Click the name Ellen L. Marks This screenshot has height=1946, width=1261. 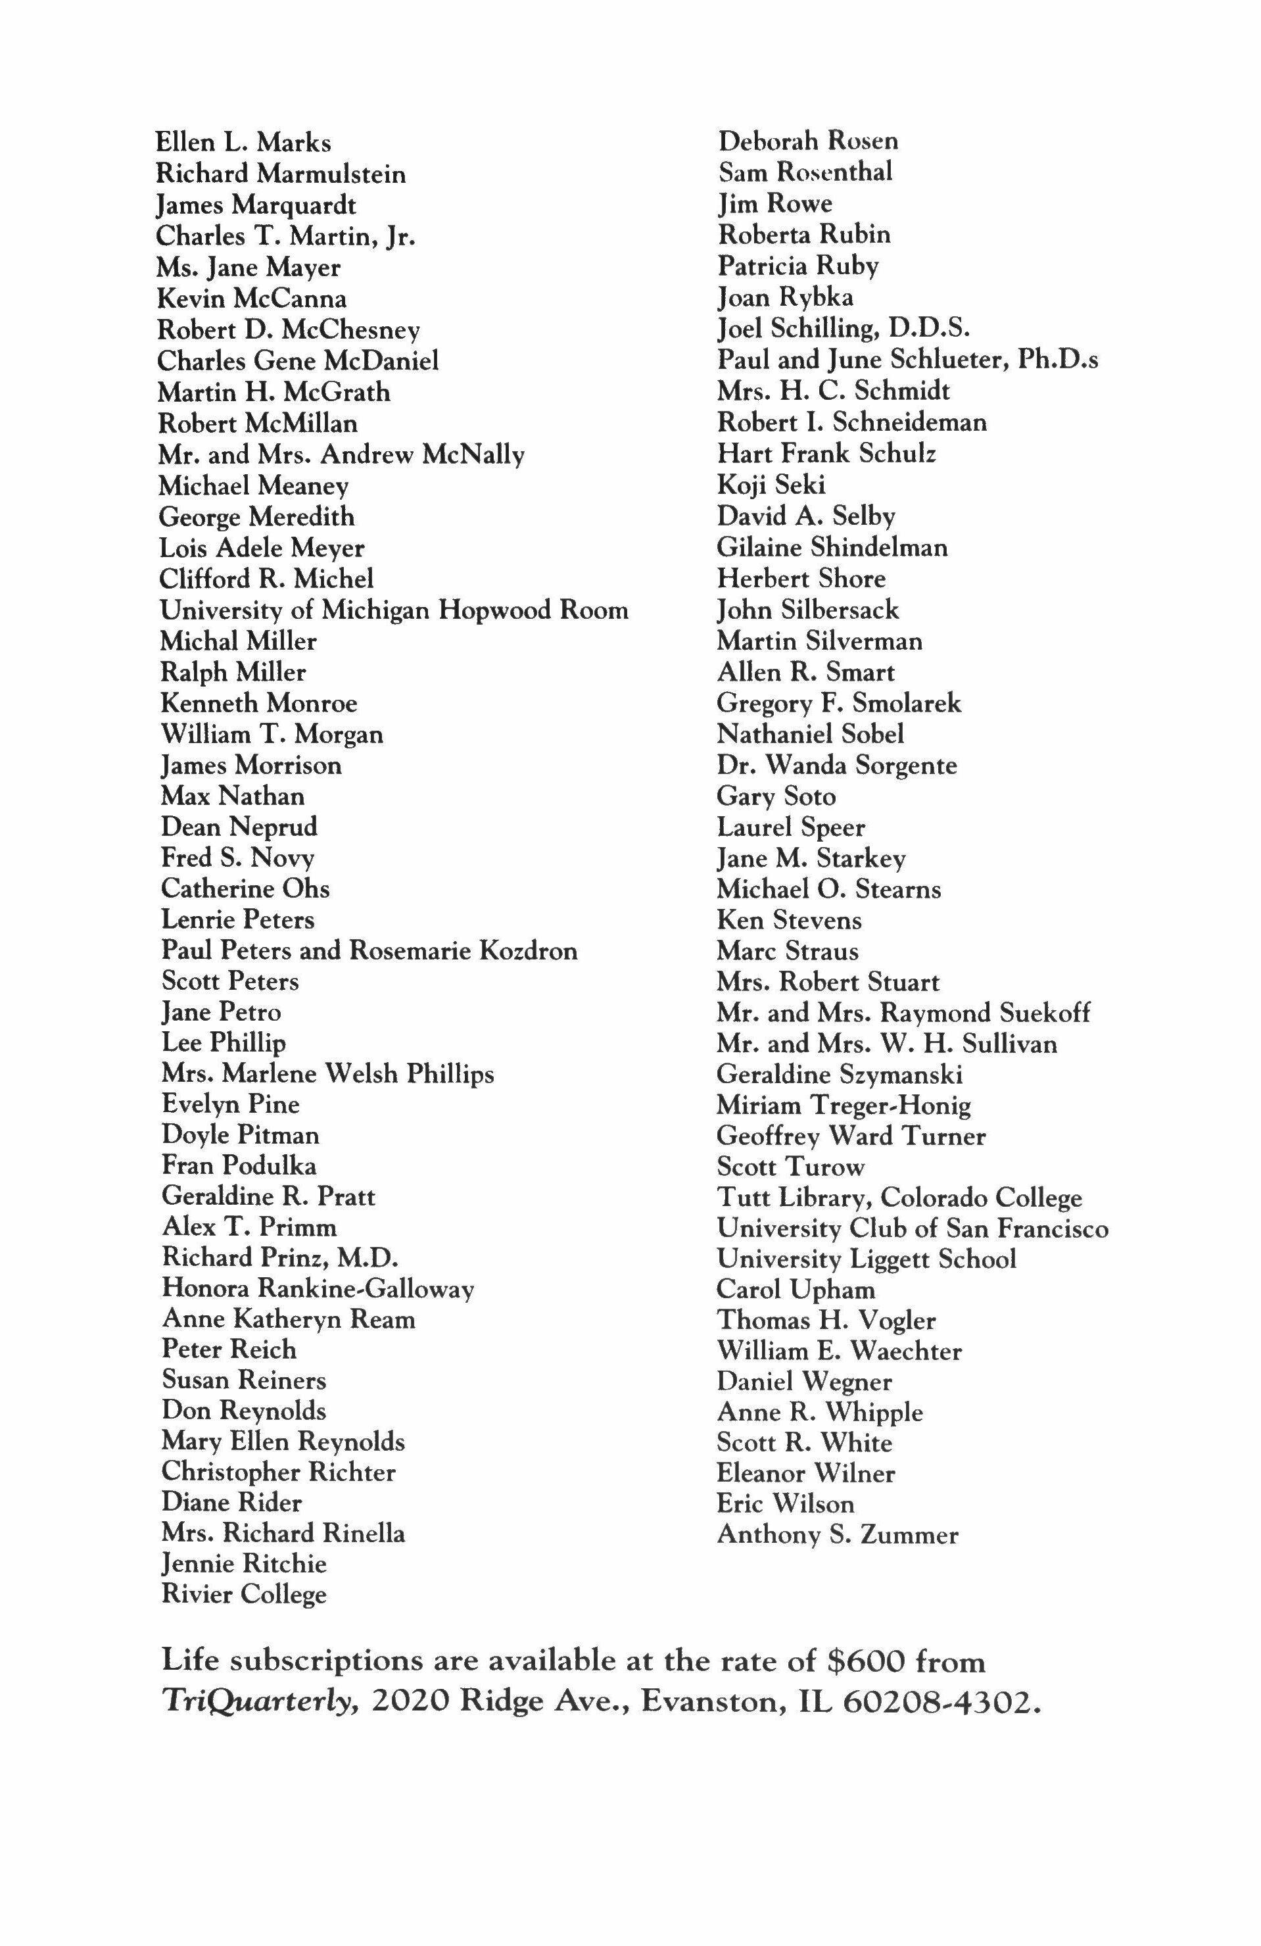pos(243,143)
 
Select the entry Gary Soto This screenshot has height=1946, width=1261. pos(776,796)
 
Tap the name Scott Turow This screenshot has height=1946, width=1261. pos(790,1167)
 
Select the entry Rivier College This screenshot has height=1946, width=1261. pos(243,1594)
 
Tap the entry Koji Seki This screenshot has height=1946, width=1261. pos(771,485)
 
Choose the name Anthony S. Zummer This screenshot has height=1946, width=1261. pos(837,1535)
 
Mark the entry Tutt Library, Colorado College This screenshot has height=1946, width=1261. pos(899,1198)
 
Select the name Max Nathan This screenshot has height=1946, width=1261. pos(232,796)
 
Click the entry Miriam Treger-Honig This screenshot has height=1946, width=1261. pos(844,1106)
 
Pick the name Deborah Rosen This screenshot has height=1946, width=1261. pos(807,141)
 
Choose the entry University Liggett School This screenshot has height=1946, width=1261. pos(867,1259)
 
